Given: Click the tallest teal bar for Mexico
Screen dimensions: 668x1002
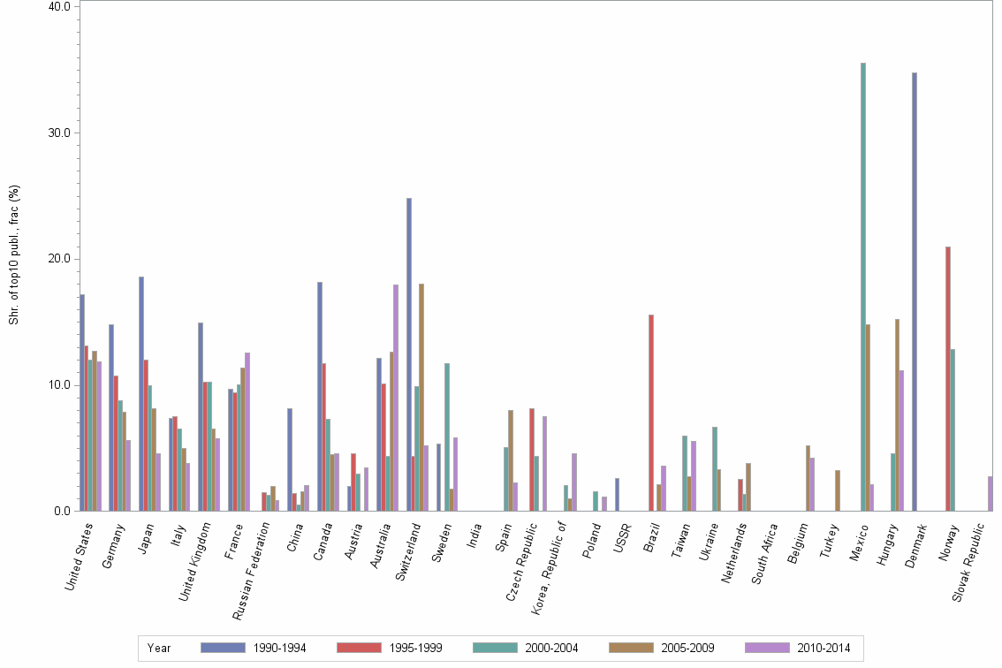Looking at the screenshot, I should click(862, 286).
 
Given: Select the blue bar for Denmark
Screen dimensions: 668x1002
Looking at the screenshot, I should click(914, 292).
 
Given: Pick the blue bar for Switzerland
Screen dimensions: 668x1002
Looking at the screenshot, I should click(409, 354).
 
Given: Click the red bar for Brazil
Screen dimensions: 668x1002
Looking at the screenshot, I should click(651, 413).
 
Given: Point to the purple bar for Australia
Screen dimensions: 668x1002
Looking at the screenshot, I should click(395, 398).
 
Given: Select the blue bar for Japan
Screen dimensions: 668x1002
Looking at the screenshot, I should click(141, 393).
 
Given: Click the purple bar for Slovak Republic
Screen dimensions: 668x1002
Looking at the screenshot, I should click(991, 494).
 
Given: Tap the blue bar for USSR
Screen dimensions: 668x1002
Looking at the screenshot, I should click(617, 495).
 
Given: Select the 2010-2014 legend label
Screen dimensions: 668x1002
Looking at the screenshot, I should click(824, 649).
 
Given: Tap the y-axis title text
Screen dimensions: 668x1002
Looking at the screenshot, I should click(14, 254).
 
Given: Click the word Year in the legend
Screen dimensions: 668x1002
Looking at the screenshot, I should click(159, 649).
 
